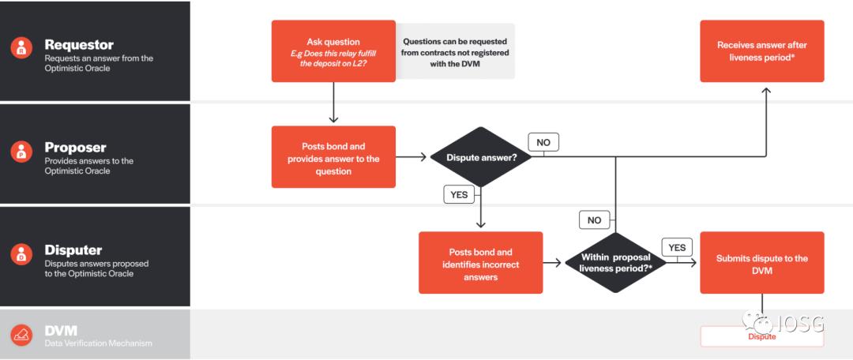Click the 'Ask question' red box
[333, 51]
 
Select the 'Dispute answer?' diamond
[481, 157]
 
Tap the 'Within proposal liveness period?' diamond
[614, 263]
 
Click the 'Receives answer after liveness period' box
[761, 51]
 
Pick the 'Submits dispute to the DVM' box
[761, 263]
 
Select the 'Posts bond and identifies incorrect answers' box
[481, 263]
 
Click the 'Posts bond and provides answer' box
[333, 157]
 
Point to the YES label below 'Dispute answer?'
[459, 193]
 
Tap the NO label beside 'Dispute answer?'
[543, 142]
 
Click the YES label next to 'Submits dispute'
[677, 248]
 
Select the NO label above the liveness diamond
[595, 220]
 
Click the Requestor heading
[79, 45]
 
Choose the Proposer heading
[75, 148]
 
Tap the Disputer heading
[73, 250]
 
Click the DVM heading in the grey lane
[61, 330]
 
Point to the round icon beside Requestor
[22, 48]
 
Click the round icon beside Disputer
[22, 254]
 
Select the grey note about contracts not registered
[455, 51]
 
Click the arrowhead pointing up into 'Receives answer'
[765, 91]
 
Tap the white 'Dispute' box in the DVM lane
[761, 337]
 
